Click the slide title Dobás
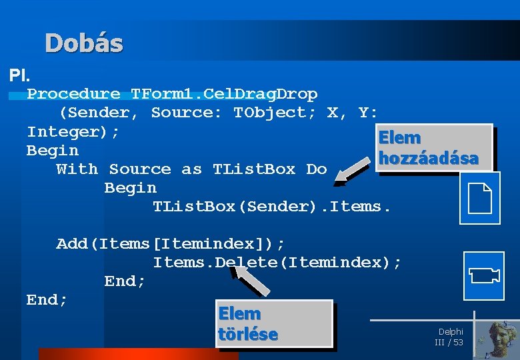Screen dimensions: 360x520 [84, 43]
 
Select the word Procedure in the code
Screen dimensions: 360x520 [73, 94]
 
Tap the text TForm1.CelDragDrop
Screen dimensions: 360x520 [224, 94]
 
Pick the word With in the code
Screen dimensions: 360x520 [77, 169]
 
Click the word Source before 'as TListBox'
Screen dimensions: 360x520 [140, 169]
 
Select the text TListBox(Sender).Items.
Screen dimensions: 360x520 [271, 207]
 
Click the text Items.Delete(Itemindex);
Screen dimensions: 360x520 [277, 263]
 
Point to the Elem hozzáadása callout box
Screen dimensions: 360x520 [435, 148]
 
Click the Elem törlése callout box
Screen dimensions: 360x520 [274, 323]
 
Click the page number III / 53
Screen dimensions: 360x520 [449, 342]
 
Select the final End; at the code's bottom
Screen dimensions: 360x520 [47, 300]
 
